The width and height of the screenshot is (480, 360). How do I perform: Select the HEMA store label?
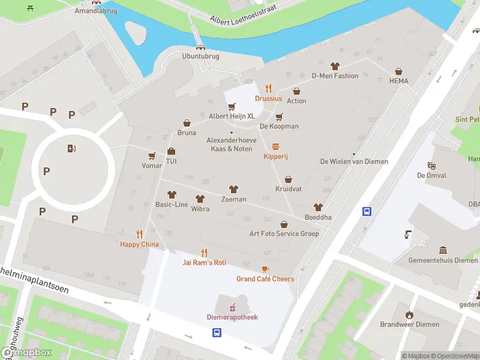click(398, 81)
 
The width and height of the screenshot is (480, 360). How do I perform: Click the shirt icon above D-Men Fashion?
click(335, 66)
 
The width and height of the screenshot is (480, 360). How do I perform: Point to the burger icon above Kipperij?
click(276, 146)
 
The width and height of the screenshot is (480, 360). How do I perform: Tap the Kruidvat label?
click(288, 189)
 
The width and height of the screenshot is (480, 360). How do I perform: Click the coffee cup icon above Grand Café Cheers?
click(265, 269)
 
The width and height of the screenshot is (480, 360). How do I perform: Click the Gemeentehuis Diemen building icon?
click(443, 250)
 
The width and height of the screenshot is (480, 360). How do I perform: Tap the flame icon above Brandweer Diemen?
click(409, 314)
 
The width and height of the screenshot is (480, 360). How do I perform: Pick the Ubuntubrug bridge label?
click(200, 56)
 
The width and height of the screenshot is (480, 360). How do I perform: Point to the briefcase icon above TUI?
click(171, 151)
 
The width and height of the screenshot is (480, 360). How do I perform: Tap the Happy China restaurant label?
click(139, 244)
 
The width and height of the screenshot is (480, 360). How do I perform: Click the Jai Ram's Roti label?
click(204, 263)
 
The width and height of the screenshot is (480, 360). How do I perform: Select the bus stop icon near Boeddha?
click(366, 211)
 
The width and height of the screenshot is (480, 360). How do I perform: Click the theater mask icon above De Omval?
click(431, 166)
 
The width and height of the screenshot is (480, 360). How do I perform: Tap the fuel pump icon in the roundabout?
click(72, 149)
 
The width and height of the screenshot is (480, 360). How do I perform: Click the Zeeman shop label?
click(233, 199)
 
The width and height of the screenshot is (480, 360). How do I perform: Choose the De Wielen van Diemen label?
click(354, 161)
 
